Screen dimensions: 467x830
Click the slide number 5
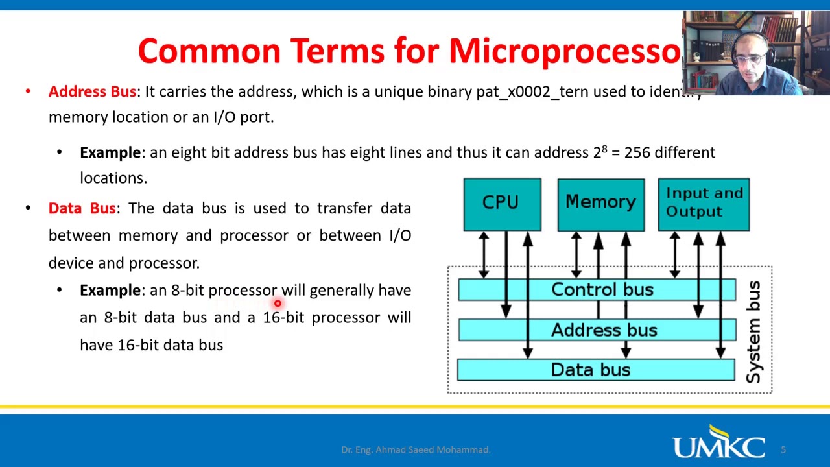(x=783, y=449)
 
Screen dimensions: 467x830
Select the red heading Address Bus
(x=92, y=92)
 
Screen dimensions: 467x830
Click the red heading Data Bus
(x=82, y=208)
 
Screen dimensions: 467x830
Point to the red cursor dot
(x=278, y=304)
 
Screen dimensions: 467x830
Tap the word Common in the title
(x=209, y=51)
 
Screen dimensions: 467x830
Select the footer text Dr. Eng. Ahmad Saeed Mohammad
(x=416, y=449)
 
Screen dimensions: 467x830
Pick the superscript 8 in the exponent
(x=605, y=149)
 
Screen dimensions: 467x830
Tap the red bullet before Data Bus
(x=28, y=208)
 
